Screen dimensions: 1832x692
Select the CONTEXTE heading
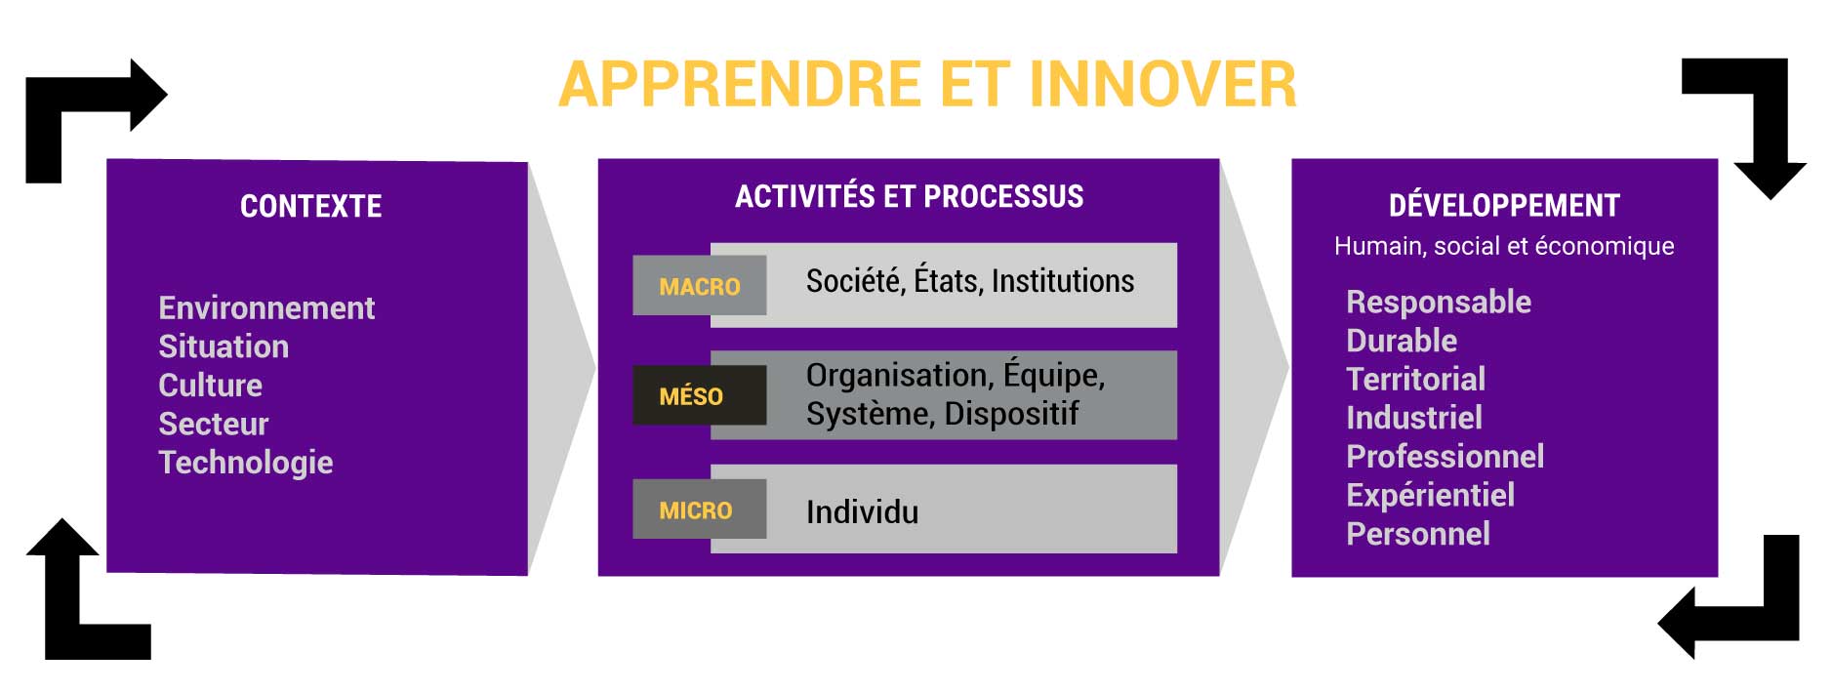click(311, 206)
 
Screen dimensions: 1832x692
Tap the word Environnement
click(266, 308)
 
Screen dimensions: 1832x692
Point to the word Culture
click(210, 386)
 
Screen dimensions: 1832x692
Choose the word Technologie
click(246, 463)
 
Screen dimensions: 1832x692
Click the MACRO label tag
click(699, 286)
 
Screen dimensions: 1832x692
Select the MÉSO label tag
click(699, 395)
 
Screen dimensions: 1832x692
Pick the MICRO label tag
click(699, 509)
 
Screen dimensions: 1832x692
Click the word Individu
click(862, 512)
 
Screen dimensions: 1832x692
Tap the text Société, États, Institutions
click(970, 281)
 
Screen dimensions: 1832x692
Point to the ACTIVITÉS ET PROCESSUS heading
click(909, 196)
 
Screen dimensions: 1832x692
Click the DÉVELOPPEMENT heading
click(1504, 206)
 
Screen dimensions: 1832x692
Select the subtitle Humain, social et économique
click(1504, 246)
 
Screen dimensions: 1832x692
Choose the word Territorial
click(1415, 379)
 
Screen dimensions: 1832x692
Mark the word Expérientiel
click(1430, 496)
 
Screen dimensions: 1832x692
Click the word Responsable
click(1439, 303)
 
